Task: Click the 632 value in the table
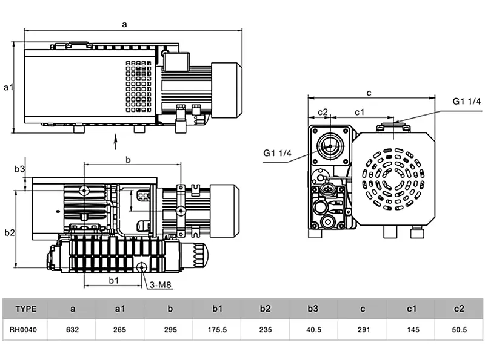click(73, 330)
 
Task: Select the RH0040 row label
click(25, 330)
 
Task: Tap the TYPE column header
click(25, 309)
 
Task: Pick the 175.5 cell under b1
click(218, 330)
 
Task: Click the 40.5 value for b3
click(313, 330)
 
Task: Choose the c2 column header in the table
click(458, 309)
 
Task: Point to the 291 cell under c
click(362, 330)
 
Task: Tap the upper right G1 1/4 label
click(466, 100)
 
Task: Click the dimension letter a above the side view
click(125, 24)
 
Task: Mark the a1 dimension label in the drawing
click(8, 88)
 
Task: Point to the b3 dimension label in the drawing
click(20, 169)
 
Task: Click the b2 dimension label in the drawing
click(9, 232)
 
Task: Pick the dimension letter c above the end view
click(369, 93)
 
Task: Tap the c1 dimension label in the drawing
click(359, 112)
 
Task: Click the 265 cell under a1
click(120, 330)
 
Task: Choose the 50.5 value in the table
click(458, 330)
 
